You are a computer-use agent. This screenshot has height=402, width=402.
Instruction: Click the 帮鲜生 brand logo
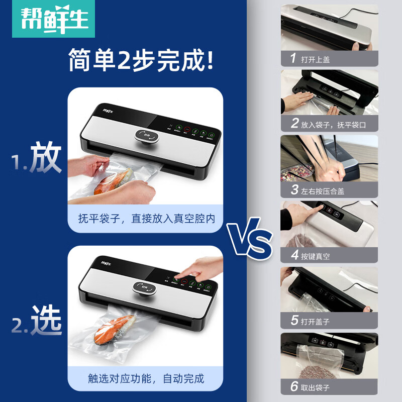50,19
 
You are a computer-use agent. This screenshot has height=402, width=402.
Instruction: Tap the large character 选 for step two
46,321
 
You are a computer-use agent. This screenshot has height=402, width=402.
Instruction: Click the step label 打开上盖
316,59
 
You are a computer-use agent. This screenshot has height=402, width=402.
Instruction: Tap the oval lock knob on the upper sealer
146,136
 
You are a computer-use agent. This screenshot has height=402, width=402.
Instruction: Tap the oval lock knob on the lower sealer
145,288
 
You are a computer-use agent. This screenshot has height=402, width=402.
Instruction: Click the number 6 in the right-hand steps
294,386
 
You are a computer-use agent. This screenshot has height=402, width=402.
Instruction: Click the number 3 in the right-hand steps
294,190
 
